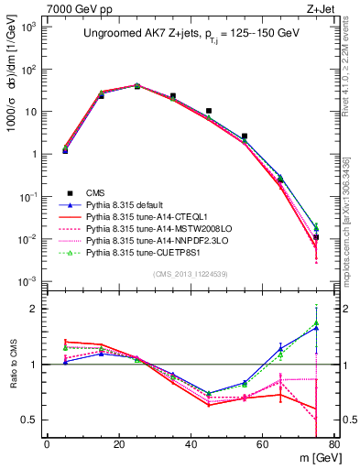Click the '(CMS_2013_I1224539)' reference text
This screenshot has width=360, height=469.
pos(189,272)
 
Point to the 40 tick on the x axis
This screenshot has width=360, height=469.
pos(191,444)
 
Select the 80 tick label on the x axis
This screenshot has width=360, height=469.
pos(333,444)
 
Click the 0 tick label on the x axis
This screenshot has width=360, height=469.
pos(47,444)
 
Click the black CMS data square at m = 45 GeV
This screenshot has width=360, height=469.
pos(209,111)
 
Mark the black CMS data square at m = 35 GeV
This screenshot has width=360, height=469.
pos(173,95)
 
